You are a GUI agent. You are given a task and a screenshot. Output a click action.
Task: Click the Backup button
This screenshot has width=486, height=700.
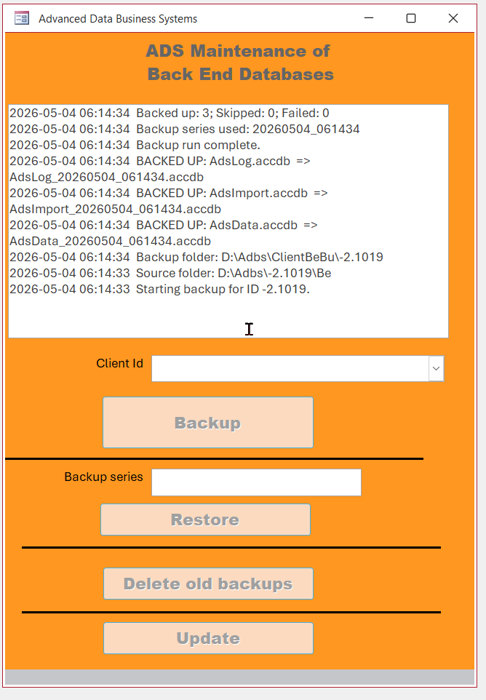coord(208,422)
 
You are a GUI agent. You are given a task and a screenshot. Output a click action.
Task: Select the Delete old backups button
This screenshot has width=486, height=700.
coord(208,584)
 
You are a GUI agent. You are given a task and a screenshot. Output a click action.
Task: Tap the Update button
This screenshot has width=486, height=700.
coord(208,638)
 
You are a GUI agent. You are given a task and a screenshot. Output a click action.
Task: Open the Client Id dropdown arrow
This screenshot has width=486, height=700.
coord(436,368)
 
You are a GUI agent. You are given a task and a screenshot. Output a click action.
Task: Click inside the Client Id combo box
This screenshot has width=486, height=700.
coord(290,368)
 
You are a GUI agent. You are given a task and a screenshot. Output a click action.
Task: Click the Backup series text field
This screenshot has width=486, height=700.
coord(256,482)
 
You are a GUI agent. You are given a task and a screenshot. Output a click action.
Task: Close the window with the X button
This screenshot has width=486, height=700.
coord(453,18)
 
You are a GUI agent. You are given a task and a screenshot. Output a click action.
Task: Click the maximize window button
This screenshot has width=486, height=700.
coord(411,18)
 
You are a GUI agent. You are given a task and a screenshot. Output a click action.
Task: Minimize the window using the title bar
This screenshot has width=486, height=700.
coord(369,18)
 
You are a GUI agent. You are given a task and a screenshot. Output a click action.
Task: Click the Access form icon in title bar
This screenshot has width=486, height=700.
coord(22,18)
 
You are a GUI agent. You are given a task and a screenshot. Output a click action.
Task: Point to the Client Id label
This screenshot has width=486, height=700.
coord(119,363)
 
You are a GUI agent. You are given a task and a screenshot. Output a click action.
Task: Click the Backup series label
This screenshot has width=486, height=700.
coord(103,477)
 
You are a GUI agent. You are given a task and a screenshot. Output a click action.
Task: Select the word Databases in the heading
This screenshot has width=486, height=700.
coord(287,74)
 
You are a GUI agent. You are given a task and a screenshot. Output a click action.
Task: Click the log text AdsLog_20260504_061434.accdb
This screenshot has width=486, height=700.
coord(107,178)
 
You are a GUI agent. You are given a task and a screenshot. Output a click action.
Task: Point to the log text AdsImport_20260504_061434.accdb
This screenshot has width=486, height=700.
coord(115,210)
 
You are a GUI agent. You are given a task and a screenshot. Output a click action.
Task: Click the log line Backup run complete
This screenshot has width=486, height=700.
coord(198,145)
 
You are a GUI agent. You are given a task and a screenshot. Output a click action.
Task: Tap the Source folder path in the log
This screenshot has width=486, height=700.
coord(274,273)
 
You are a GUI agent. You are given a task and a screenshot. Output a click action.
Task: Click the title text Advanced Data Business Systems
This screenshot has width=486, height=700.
coord(118,19)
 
